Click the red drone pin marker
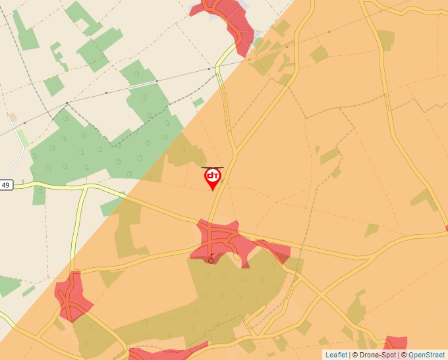tap(213, 177)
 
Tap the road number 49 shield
tap(6, 185)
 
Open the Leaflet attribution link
tap(336, 355)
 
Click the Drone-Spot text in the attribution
tap(378, 355)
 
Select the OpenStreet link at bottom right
tap(426, 355)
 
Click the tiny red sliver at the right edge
tap(446, 228)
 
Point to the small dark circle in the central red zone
tap(211, 261)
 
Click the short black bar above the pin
tap(212, 167)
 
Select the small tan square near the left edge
tap(13, 116)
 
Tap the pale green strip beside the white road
tap(22, 138)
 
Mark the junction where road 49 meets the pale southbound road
tap(86, 187)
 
